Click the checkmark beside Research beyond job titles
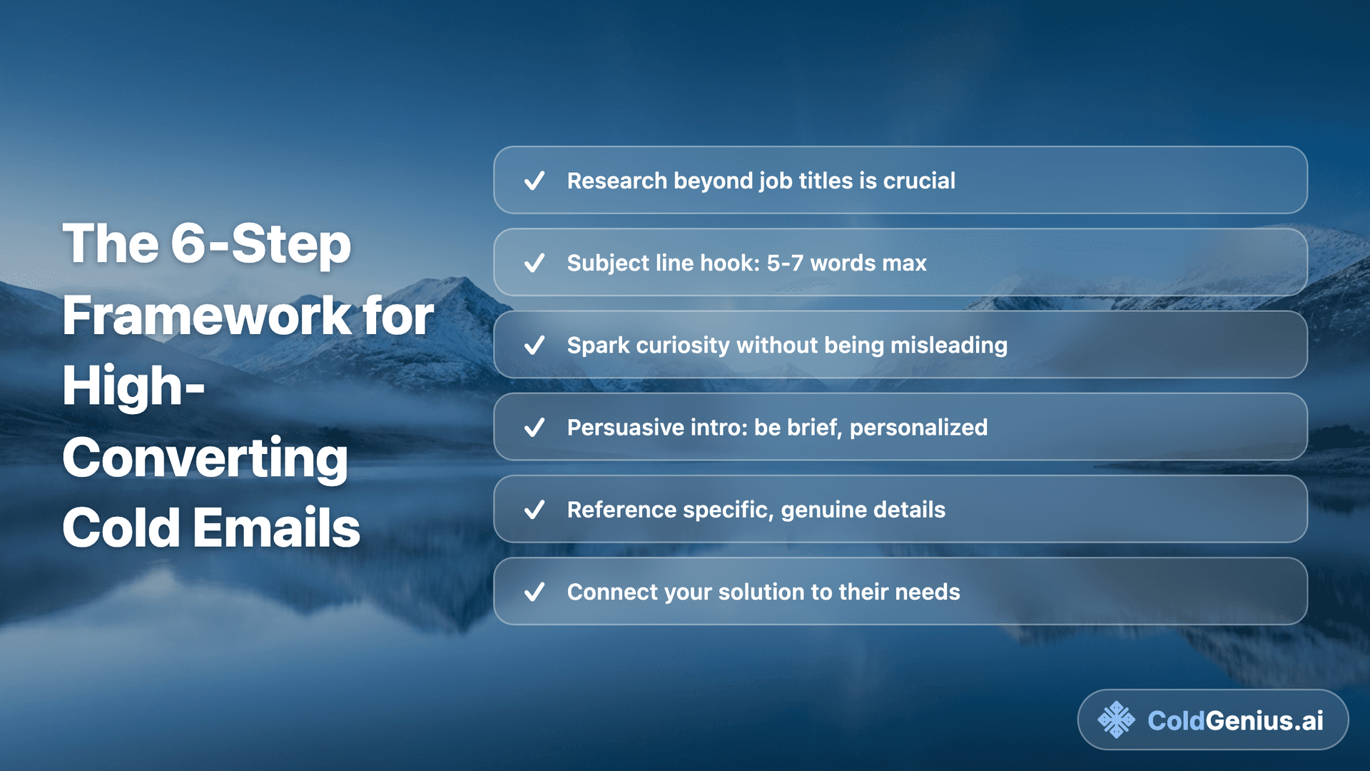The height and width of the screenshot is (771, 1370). pyautogui.click(x=534, y=181)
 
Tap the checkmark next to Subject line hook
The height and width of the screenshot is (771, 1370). pyautogui.click(x=534, y=263)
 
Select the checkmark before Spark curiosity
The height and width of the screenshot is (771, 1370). pyautogui.click(x=534, y=346)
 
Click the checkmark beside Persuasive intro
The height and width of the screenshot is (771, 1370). pyautogui.click(x=534, y=428)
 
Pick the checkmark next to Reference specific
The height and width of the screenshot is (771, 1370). pyautogui.click(x=534, y=510)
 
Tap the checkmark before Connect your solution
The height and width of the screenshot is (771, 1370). pyautogui.click(x=534, y=592)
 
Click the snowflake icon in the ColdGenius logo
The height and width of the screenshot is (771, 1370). pyautogui.click(x=1116, y=720)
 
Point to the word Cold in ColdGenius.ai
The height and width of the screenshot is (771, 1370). pyautogui.click(x=1176, y=720)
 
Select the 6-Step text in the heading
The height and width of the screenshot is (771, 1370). pyautogui.click(x=260, y=244)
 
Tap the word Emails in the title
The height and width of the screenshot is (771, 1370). pyautogui.click(x=276, y=528)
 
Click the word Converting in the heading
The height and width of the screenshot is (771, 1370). pyautogui.click(x=205, y=458)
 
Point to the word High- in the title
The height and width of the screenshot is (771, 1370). pyautogui.click(x=133, y=387)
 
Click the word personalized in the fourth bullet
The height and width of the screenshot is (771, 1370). pyautogui.click(x=918, y=428)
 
